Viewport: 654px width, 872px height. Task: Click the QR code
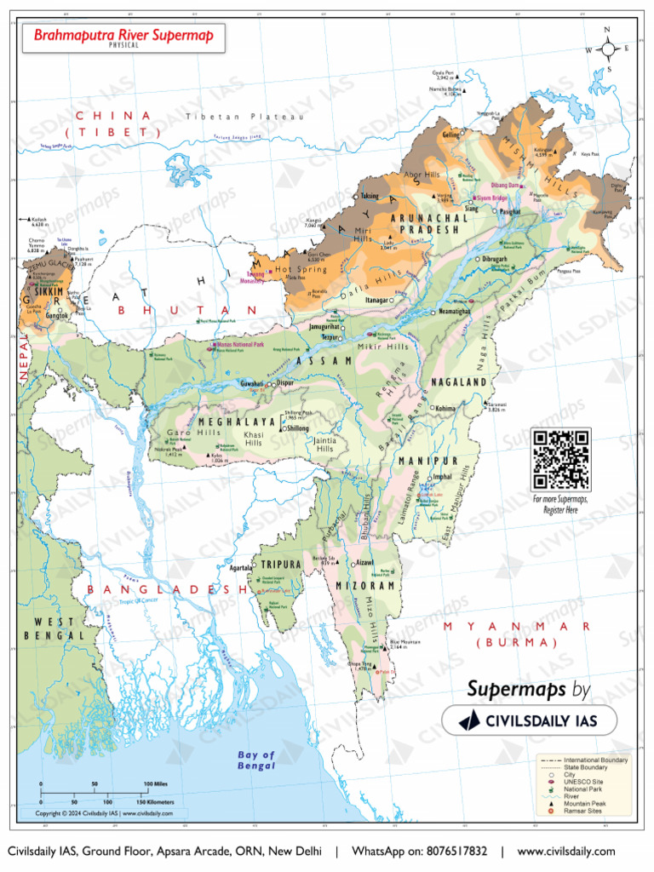(560, 460)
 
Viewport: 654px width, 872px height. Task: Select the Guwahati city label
(251, 384)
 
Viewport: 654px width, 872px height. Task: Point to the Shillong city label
(297, 428)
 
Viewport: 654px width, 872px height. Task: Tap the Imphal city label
(442, 477)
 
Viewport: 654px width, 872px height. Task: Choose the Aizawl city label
(364, 564)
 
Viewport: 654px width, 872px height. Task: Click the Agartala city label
(241, 567)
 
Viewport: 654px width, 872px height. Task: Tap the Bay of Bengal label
(256, 760)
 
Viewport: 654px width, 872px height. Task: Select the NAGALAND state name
(458, 382)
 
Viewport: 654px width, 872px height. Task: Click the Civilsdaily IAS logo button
(530, 720)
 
